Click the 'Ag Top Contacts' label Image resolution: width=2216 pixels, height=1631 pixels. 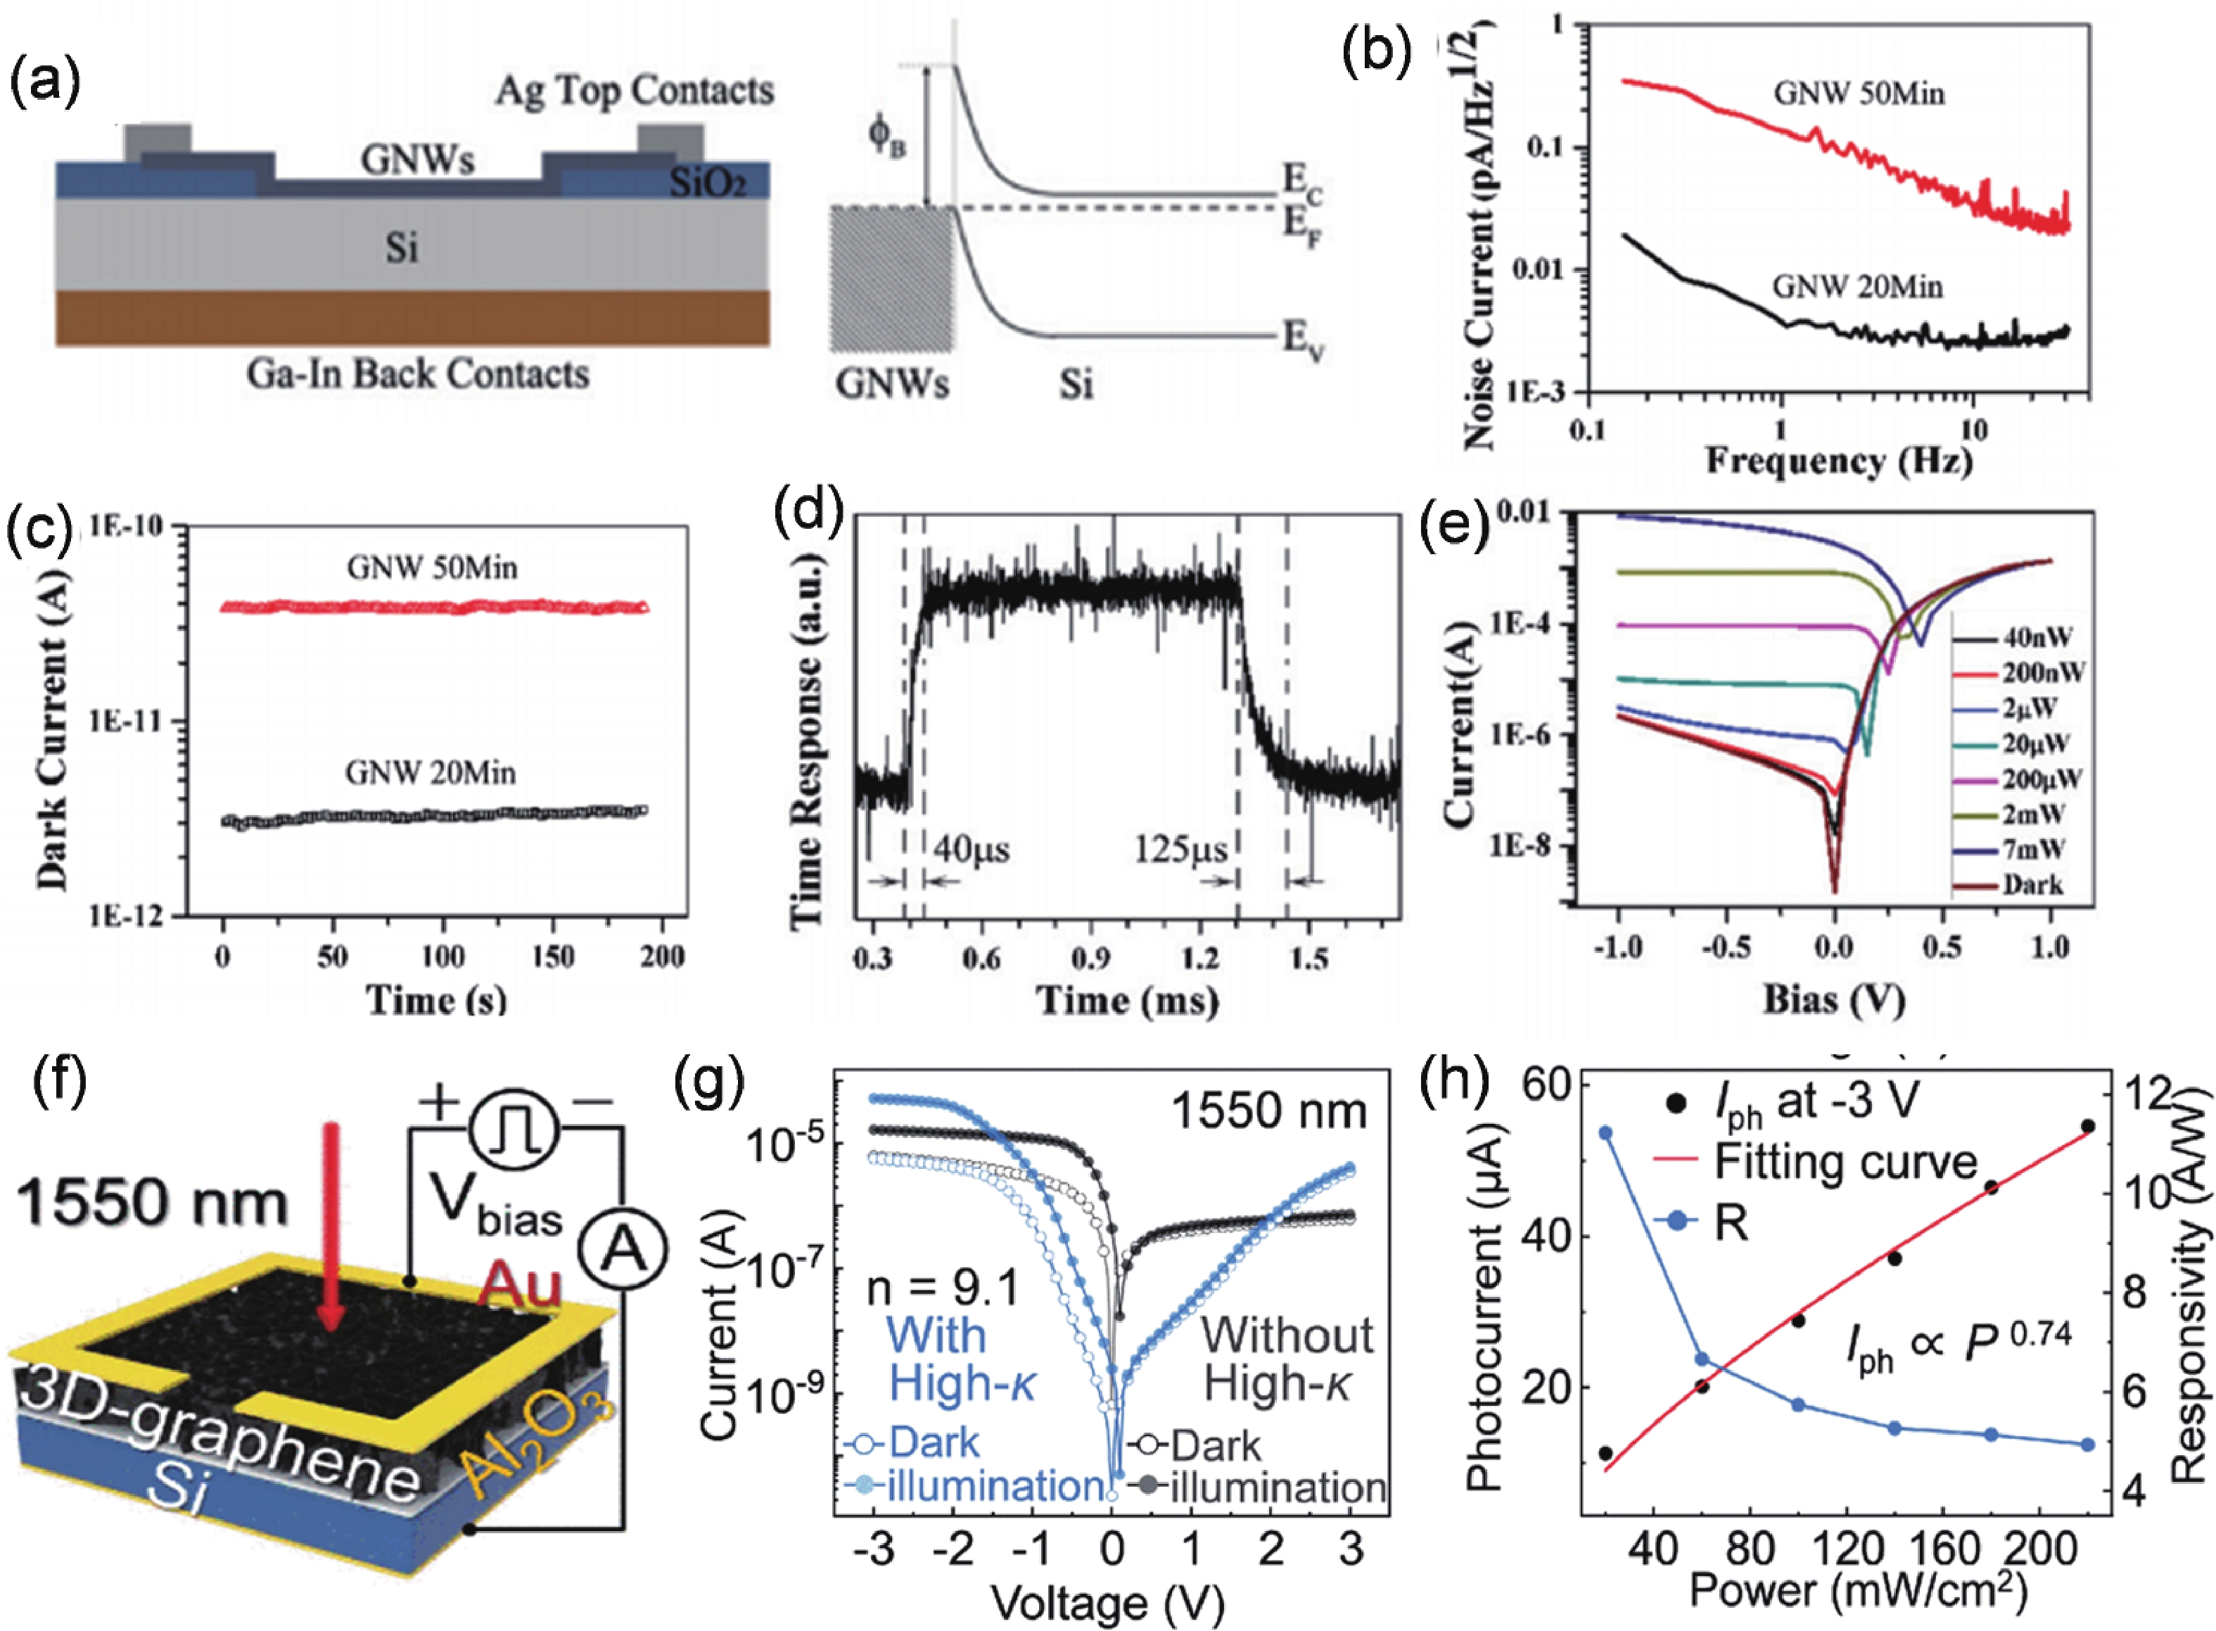coord(634,91)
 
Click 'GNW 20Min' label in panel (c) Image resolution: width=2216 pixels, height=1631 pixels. coord(431,772)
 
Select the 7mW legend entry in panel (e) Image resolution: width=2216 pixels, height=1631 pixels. coord(2034,848)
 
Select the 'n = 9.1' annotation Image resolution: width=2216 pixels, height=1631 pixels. coord(943,1289)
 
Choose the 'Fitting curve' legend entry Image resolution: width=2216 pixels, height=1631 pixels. coord(1845,1162)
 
